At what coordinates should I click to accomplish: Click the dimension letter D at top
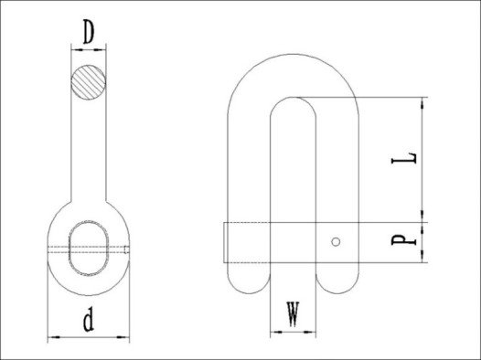[88, 33]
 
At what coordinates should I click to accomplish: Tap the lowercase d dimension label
[88, 322]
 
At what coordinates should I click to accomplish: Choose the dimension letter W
[292, 315]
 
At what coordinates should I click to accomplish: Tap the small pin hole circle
[337, 241]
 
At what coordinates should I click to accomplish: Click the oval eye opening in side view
[89, 245]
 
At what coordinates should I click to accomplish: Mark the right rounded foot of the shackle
[337, 278]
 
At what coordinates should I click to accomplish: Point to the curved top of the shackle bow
[292, 66]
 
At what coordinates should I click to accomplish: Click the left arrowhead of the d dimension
[50, 338]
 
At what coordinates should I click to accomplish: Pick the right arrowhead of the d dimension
[128, 338]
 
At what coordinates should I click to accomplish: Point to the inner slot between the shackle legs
[292, 174]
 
